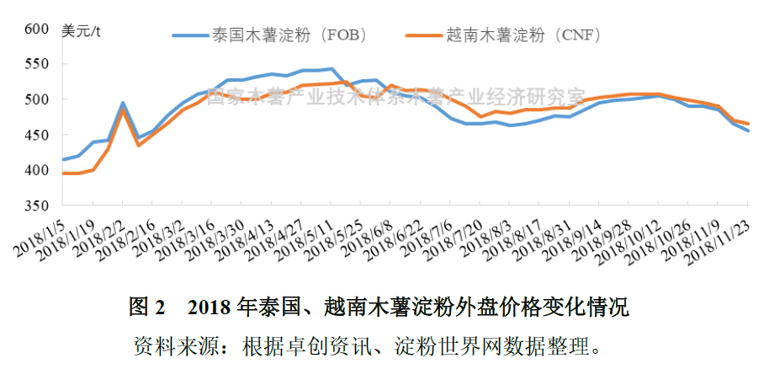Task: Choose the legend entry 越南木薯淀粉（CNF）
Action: [x=522, y=35]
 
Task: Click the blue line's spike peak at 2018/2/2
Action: [x=123, y=103]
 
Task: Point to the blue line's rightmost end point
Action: [x=748, y=131]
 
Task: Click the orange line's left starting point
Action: [x=63, y=173]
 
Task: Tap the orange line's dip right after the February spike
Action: [x=138, y=146]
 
